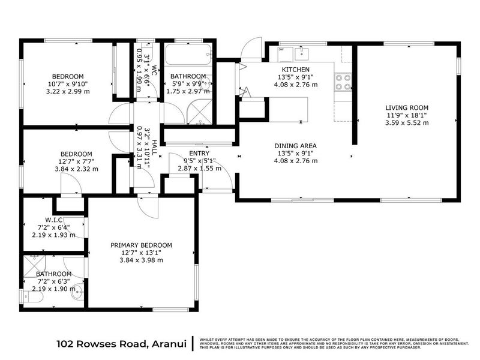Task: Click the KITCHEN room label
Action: point(297,69)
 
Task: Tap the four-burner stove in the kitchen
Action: point(344,82)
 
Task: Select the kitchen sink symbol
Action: point(305,53)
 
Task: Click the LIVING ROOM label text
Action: point(407,108)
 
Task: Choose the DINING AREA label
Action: point(296,146)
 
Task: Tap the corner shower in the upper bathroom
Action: point(199,112)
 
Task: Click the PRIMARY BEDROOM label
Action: point(142,245)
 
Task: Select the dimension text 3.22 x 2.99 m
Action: point(67,92)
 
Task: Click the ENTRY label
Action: point(199,153)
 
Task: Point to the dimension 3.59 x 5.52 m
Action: point(407,123)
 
